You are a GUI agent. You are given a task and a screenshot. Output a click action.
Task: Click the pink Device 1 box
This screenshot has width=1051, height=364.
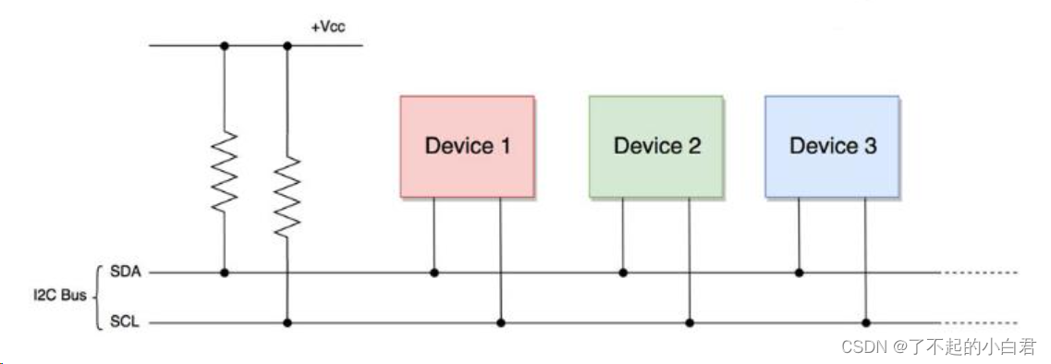467,146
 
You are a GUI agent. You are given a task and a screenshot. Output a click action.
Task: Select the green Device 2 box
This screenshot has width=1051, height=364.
656,146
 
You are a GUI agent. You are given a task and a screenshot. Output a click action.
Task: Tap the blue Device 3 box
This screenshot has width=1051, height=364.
832,146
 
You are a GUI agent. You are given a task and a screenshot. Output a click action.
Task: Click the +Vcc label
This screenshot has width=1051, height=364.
328,29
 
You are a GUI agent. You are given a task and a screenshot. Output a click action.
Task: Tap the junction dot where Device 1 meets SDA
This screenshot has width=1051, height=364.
434,273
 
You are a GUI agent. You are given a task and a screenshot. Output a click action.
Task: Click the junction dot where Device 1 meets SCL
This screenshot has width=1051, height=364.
501,323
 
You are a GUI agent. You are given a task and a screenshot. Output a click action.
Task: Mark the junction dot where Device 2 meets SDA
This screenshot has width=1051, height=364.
623,273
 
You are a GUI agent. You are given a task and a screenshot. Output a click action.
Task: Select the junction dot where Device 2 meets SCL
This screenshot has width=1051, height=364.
689,323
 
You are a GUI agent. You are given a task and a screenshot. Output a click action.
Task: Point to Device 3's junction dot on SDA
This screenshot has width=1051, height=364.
800,273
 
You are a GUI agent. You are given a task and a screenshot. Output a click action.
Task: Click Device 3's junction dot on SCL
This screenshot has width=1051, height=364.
866,323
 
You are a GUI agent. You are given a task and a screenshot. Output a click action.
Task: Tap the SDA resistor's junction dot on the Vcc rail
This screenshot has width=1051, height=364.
224,45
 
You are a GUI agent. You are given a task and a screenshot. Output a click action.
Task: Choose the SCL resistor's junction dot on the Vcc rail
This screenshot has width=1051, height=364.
287,45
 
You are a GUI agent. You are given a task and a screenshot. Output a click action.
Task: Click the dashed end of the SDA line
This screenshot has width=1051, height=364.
980,273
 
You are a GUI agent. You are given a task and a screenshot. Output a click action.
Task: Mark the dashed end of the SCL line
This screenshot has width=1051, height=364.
980,323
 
